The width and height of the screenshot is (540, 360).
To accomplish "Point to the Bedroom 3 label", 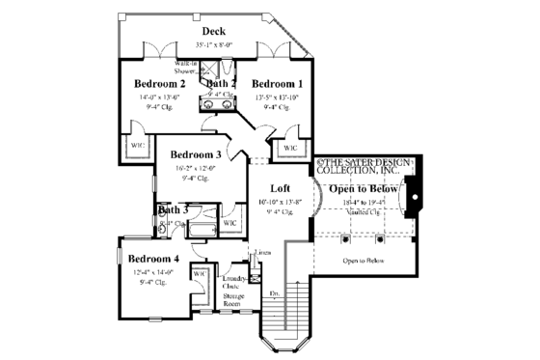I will tap(196, 154).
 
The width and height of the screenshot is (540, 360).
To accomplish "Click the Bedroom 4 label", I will tap(154, 258).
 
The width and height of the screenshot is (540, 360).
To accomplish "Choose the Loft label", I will tap(280, 188).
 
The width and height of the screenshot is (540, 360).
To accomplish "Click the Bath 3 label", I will tap(173, 208).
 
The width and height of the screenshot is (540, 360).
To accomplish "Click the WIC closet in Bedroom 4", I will tap(201, 274).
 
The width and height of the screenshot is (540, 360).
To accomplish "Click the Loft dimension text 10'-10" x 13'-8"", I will tap(280, 202).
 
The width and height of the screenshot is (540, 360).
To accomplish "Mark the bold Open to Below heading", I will tap(364, 188).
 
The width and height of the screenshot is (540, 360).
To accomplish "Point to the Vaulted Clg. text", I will tap(364, 212).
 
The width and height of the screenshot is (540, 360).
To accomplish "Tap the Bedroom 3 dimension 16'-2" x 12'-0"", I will tap(195, 168).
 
